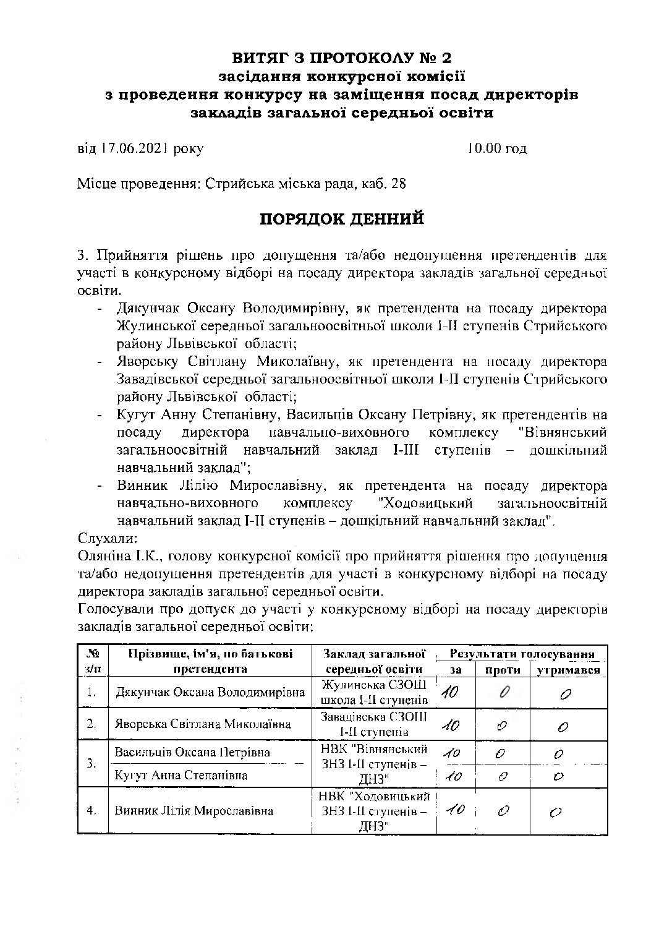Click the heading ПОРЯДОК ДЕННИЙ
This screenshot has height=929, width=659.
[341, 220]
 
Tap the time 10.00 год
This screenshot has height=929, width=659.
[496, 148]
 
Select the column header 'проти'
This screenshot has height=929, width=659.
[502, 670]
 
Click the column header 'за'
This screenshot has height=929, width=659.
[456, 670]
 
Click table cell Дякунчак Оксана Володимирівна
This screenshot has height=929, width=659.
[210, 693]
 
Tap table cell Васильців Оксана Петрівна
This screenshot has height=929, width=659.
[192, 753]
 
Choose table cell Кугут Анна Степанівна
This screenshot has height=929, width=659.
[181, 775]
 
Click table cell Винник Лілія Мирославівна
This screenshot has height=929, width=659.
[194, 810]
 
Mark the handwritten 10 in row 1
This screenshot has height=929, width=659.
[449, 693]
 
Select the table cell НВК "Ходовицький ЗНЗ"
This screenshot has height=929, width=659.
[374, 810]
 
